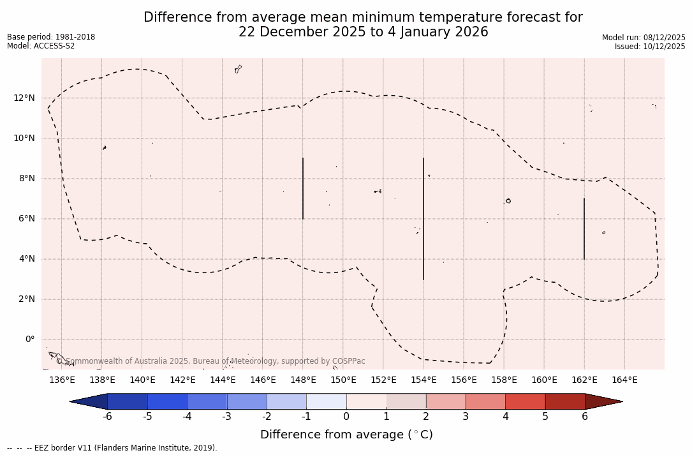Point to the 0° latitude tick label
click(x=30, y=339)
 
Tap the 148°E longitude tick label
click(x=303, y=380)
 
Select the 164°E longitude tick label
click(x=624, y=380)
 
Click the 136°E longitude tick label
click(x=62, y=380)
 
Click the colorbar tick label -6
click(x=107, y=417)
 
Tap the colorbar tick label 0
click(x=346, y=417)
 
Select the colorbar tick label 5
click(x=545, y=417)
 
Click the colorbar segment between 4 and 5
click(x=525, y=401)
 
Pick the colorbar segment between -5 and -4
click(x=167, y=401)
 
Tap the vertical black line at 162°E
click(x=584, y=228)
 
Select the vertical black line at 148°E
click(x=303, y=188)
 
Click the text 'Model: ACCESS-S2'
click(x=41, y=46)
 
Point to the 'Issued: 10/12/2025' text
click(x=650, y=47)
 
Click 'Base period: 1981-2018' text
click(x=51, y=37)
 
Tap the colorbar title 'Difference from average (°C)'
click(x=346, y=435)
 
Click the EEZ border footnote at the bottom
click(x=112, y=448)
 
